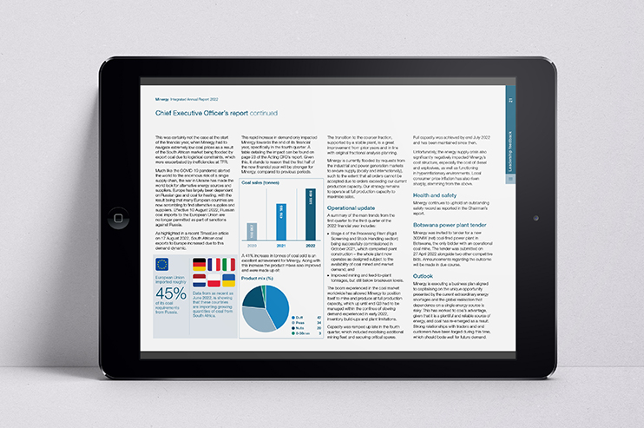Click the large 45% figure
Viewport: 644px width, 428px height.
(x=170, y=293)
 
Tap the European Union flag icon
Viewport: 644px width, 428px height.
(x=161, y=265)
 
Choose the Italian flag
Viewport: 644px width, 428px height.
(x=227, y=264)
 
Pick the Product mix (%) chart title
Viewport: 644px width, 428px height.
(x=261, y=278)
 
